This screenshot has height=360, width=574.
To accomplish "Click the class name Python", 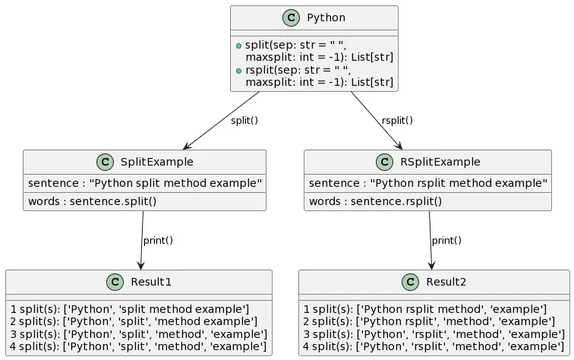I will click(x=326, y=17).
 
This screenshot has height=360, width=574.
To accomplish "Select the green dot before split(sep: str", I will click(x=238, y=46).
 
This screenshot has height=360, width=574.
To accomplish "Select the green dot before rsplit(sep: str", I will click(x=238, y=71).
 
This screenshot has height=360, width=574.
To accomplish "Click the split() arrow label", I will click(x=244, y=121).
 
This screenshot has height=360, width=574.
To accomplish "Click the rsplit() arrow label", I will click(x=397, y=121).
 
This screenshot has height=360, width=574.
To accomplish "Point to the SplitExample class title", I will click(x=156, y=162).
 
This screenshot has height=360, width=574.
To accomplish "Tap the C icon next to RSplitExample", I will click(x=386, y=162).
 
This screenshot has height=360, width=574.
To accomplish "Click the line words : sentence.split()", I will click(x=92, y=201).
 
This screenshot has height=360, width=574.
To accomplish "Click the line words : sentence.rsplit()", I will click(x=375, y=201).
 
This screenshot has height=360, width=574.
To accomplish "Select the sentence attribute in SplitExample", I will click(x=144, y=184).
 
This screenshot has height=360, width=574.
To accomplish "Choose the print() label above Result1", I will click(x=158, y=241).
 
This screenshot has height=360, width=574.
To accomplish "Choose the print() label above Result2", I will click(x=446, y=241).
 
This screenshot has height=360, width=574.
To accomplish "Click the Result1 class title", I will click(x=151, y=282).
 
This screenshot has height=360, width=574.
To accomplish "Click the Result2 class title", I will click(x=446, y=282).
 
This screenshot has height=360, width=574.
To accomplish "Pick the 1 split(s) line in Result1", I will click(x=129, y=309).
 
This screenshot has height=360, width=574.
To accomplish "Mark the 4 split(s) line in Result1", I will click(x=138, y=347).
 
